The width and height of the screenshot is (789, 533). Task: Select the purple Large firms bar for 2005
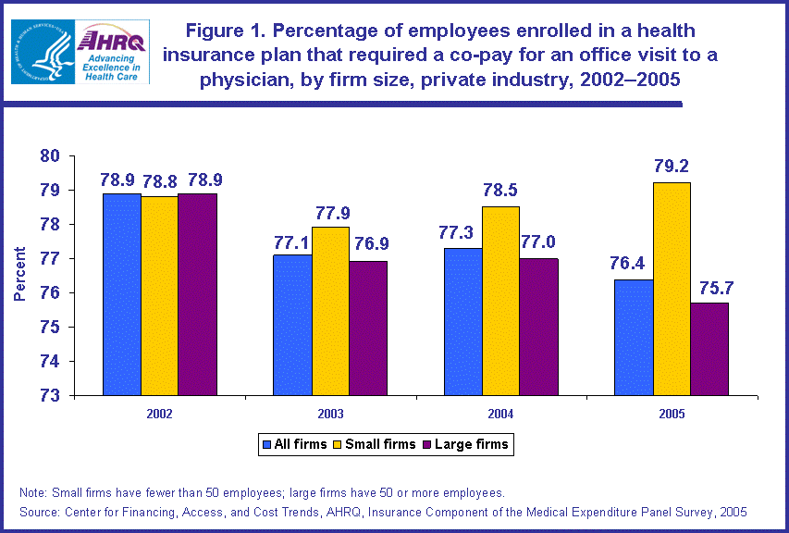click(709, 349)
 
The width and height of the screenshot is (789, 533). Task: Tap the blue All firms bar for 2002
click(121, 294)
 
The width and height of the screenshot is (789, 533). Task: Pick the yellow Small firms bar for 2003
click(330, 311)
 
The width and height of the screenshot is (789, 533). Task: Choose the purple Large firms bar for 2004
click(538, 327)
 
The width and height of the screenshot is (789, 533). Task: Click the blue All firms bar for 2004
click(460, 321)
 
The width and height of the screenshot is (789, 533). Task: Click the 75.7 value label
click(709, 287)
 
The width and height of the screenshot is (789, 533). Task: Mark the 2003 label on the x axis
click(330, 414)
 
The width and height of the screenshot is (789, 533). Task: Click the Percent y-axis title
click(18, 275)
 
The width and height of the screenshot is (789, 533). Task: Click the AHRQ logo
click(110, 52)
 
